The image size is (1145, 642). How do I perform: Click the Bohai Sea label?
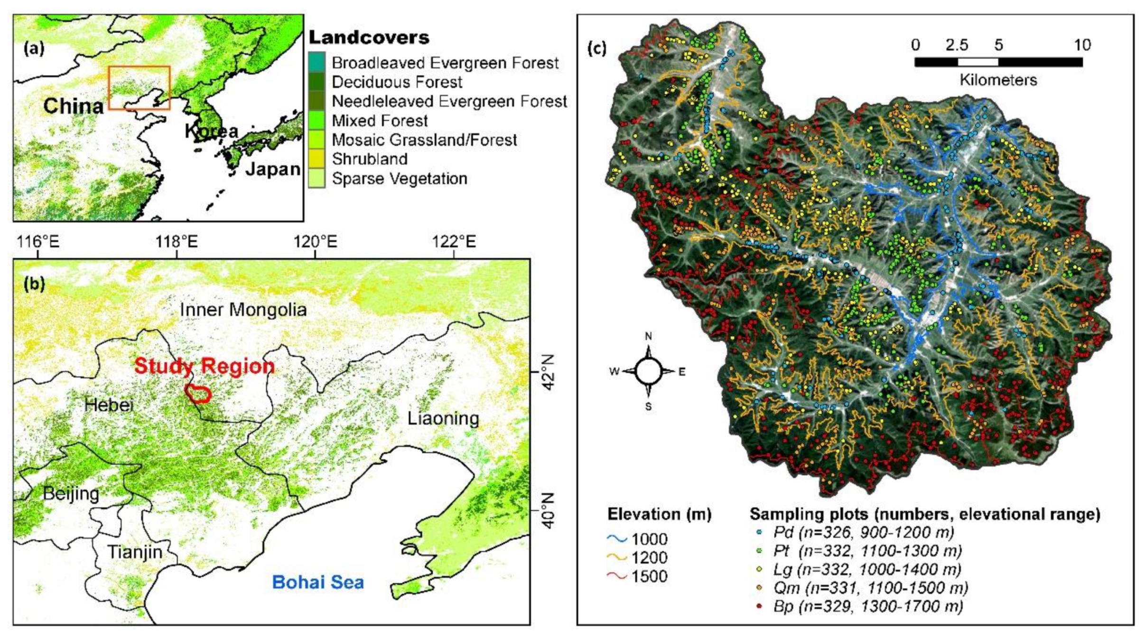[318, 582]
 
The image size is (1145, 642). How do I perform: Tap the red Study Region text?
[205, 366]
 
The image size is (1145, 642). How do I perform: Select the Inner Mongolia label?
[243, 310]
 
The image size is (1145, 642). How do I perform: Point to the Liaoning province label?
[443, 418]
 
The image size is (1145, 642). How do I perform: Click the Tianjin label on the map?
[135, 552]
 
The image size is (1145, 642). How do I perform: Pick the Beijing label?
[71, 493]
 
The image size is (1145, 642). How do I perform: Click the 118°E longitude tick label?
[177, 242]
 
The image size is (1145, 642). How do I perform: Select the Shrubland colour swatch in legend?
[317, 159]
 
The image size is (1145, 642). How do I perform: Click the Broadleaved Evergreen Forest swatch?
[317, 62]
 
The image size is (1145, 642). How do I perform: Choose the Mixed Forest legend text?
[380, 121]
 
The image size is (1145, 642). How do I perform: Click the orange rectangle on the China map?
[139, 67]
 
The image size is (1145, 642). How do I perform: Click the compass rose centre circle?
[648, 371]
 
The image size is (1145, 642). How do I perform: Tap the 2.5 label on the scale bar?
[957, 45]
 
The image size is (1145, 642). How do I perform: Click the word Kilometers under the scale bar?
[998, 80]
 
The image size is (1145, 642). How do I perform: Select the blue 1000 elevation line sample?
[617, 538]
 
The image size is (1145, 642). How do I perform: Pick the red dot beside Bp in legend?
[759, 606]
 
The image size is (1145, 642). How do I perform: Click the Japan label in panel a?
[273, 169]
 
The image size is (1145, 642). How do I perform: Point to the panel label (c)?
[597, 48]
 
